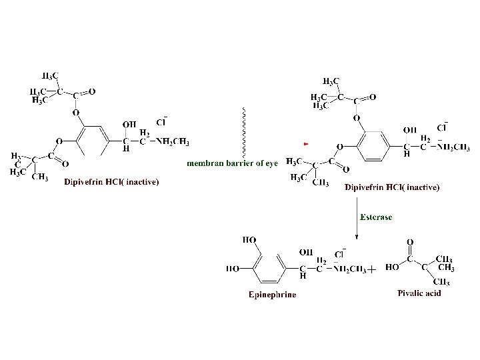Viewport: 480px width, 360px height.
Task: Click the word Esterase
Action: click(x=376, y=217)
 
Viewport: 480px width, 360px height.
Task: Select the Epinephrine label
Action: click(x=272, y=294)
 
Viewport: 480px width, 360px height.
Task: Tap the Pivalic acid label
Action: click(x=419, y=293)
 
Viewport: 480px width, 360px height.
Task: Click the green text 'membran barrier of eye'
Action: click(x=231, y=163)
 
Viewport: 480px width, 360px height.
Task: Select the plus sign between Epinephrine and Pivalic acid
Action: click(x=371, y=269)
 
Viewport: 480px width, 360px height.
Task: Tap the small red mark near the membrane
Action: click(x=305, y=143)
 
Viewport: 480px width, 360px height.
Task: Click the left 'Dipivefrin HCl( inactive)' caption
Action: click(x=111, y=181)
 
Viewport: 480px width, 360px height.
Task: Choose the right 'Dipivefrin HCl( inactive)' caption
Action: click(x=392, y=187)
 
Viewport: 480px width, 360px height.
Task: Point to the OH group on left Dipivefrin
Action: click(x=129, y=124)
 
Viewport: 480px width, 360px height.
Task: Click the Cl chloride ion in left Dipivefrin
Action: click(x=161, y=122)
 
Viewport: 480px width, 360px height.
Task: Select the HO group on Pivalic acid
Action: click(x=392, y=269)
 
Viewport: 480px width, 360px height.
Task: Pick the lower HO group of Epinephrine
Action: click(x=233, y=269)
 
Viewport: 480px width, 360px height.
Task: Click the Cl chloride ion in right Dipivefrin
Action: click(x=441, y=127)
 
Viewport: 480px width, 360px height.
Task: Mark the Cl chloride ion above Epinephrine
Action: click(x=339, y=253)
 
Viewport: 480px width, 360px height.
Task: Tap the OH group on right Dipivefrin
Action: click(x=411, y=129)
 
